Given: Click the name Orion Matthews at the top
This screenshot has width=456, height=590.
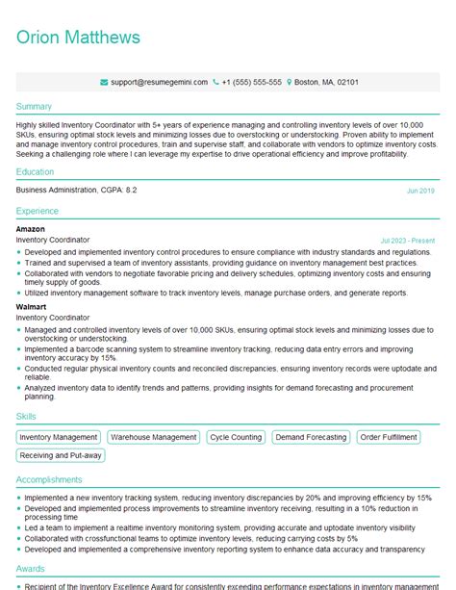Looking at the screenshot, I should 78,38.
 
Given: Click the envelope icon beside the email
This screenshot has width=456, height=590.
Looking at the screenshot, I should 103,83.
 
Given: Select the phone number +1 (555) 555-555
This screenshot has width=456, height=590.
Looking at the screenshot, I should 252,83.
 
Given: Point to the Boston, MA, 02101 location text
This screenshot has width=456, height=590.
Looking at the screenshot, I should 326,83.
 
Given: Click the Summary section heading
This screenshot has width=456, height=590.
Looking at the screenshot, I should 35,106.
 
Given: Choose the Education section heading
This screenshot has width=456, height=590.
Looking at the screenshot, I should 36,171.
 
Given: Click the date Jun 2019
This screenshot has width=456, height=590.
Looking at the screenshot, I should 420,191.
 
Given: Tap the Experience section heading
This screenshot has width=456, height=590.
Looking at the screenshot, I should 38,211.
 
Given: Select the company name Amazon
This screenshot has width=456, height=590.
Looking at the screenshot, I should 31,229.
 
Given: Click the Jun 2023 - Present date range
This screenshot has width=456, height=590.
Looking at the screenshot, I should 408,240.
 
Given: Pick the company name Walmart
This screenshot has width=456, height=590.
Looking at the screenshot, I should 31,306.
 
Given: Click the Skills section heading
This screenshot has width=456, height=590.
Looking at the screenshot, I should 27,417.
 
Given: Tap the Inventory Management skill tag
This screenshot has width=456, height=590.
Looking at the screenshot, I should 59,437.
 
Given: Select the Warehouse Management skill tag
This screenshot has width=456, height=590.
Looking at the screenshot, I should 153,437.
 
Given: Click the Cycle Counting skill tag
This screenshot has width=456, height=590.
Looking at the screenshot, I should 236,437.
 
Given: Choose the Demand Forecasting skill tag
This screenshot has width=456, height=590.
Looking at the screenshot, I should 311,437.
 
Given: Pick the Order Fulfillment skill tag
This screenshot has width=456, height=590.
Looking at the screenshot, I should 389,437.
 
